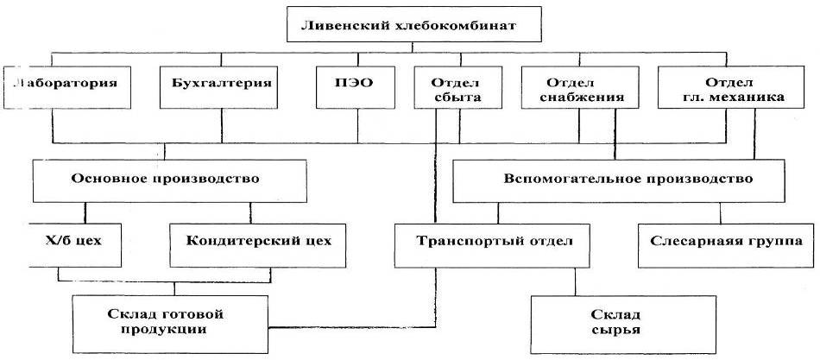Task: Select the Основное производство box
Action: coord(165,180)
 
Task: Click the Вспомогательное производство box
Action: coord(627,180)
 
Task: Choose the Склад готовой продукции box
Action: coord(173,320)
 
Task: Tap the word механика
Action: coord(754,98)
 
